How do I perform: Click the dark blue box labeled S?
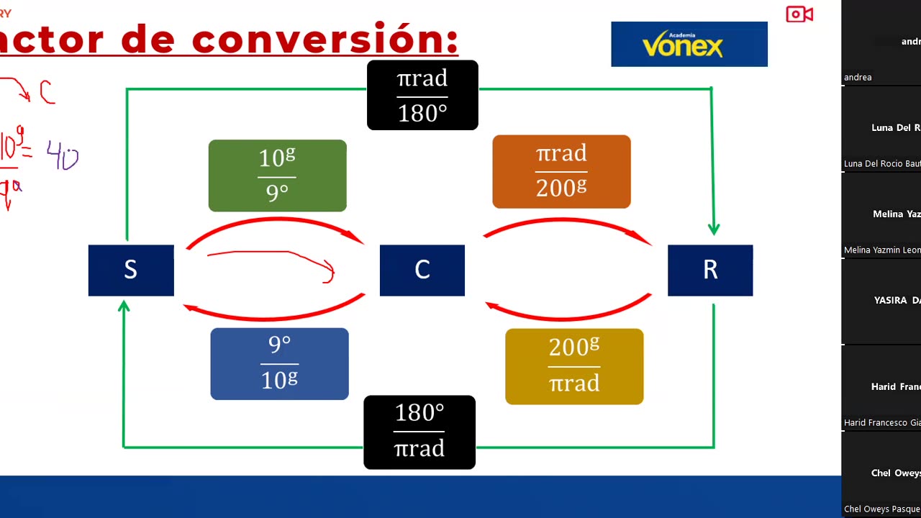tap(131, 270)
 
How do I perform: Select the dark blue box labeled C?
tap(422, 270)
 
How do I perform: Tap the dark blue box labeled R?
tap(709, 270)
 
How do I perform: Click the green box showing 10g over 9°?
tap(277, 176)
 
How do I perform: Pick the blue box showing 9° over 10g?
tap(279, 363)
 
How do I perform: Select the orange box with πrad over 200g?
tap(561, 171)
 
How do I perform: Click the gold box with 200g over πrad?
tap(574, 366)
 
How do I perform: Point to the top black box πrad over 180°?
tap(422, 95)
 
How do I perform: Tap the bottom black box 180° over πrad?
tap(419, 432)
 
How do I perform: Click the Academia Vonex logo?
tap(689, 45)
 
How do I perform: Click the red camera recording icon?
tap(799, 14)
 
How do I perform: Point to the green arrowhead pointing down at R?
tap(713, 229)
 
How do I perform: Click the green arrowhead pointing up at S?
tap(124, 307)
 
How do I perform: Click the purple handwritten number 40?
tap(63, 155)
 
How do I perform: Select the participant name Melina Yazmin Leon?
tap(881, 250)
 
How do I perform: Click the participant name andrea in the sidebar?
tap(858, 77)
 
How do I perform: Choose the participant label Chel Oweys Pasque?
tap(881, 509)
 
